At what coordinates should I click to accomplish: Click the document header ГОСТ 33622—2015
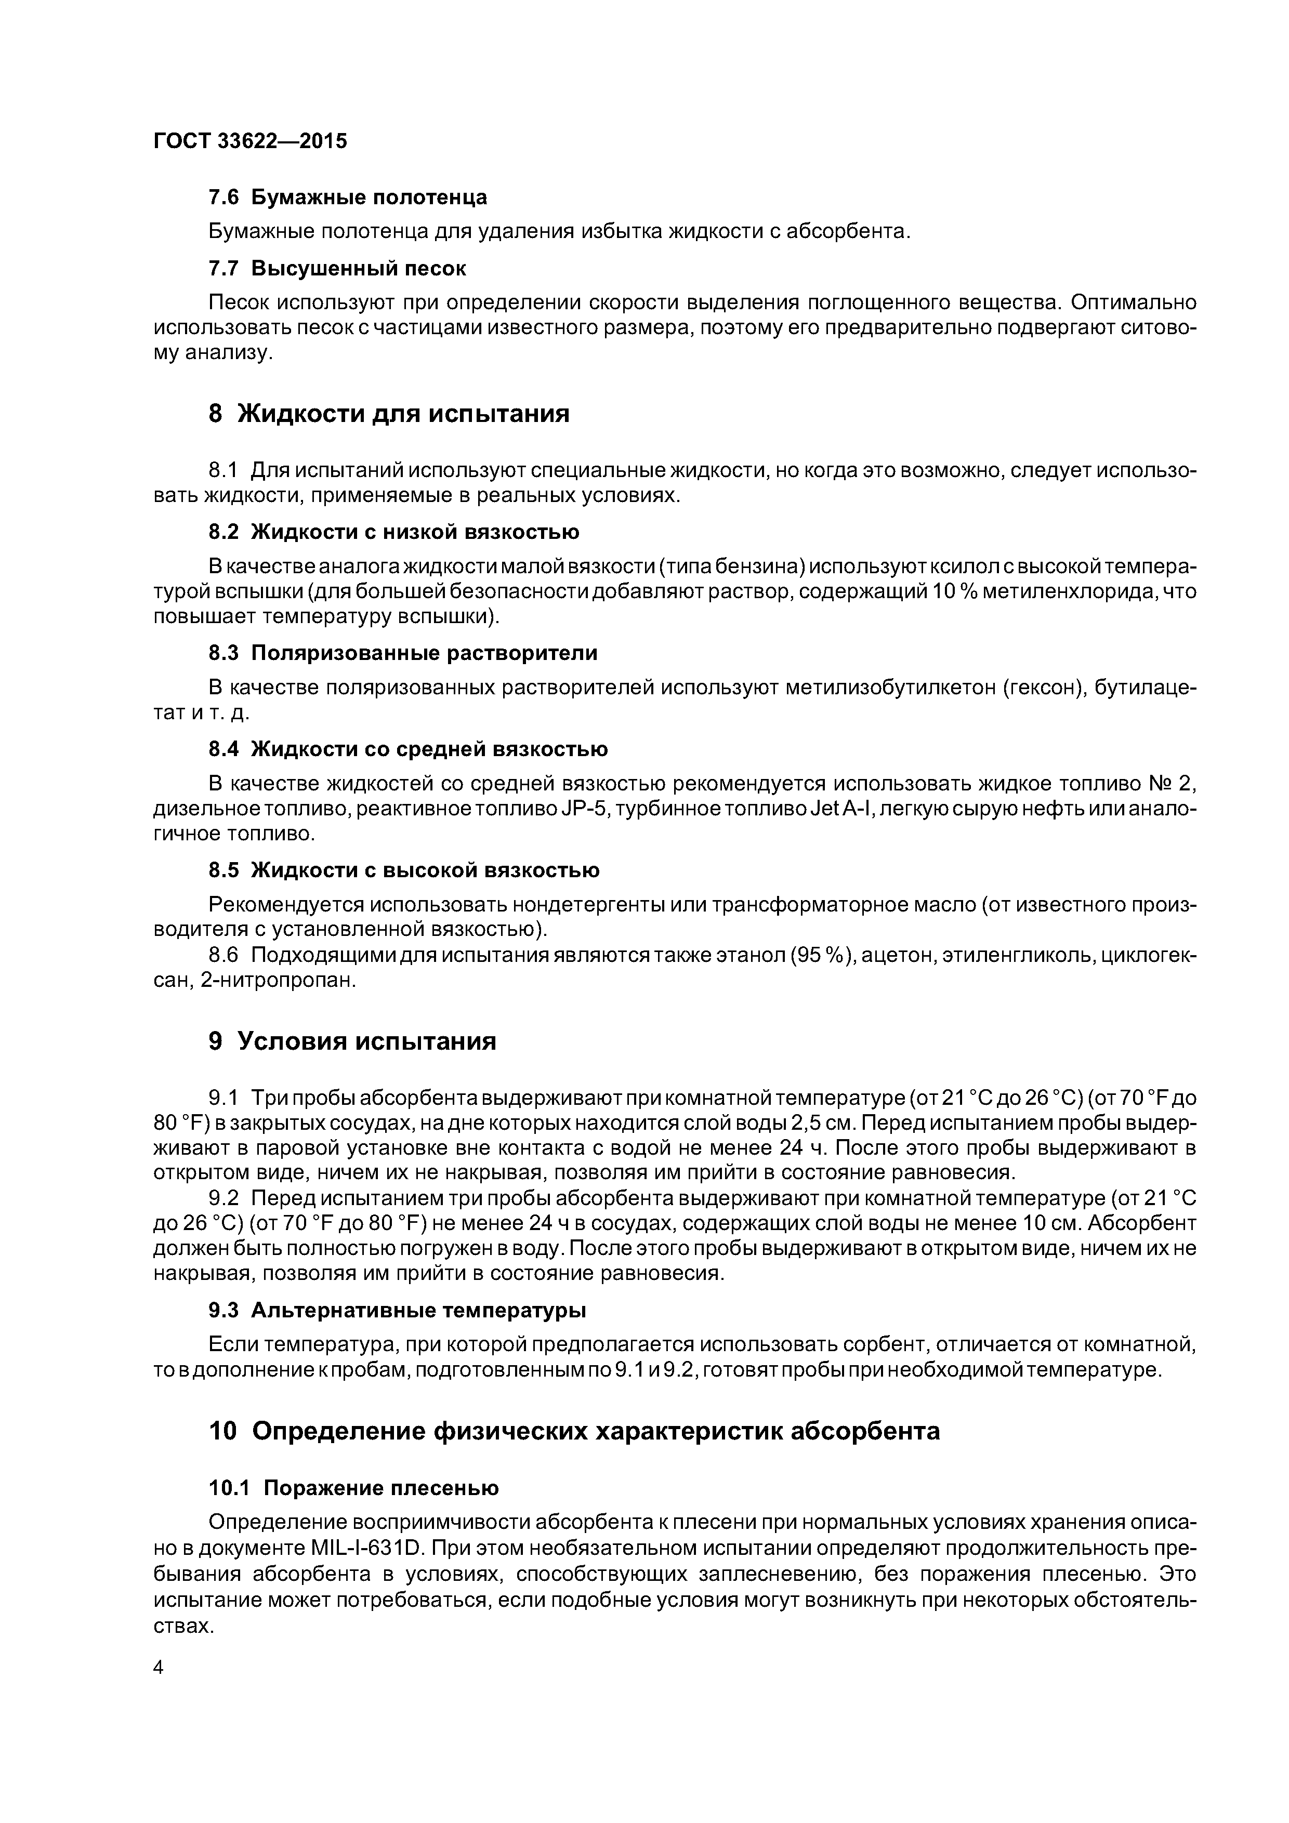(x=250, y=141)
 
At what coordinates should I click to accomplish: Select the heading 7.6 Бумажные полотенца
(x=347, y=197)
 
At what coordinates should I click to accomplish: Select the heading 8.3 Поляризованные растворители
(x=403, y=653)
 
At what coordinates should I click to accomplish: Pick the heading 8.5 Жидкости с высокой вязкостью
(x=403, y=870)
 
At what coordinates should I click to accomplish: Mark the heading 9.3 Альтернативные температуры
(x=397, y=1309)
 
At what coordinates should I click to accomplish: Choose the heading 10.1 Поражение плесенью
(x=353, y=1487)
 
